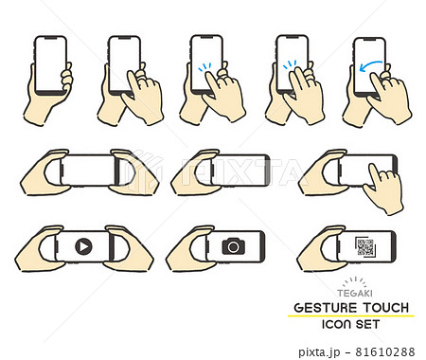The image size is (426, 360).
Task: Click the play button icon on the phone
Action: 83,246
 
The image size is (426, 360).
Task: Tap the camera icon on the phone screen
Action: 234,246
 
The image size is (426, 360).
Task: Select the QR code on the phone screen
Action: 365,247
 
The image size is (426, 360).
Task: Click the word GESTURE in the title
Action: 326,308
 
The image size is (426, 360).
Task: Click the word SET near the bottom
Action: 367,324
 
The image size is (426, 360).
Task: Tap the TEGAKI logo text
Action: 355,294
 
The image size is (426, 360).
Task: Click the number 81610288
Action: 385,351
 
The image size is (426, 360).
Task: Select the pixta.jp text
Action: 319,352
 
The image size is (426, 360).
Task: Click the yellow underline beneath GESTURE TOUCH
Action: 351,315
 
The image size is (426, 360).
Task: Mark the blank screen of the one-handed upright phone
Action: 50,64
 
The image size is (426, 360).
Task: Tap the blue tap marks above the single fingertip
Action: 204,67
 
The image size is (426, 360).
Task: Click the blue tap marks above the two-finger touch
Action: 290,64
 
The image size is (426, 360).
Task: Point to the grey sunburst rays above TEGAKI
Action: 355,282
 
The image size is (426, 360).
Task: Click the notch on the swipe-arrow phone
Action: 370,40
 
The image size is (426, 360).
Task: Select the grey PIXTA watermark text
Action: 241,172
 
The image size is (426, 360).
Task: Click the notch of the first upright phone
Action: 50,38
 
